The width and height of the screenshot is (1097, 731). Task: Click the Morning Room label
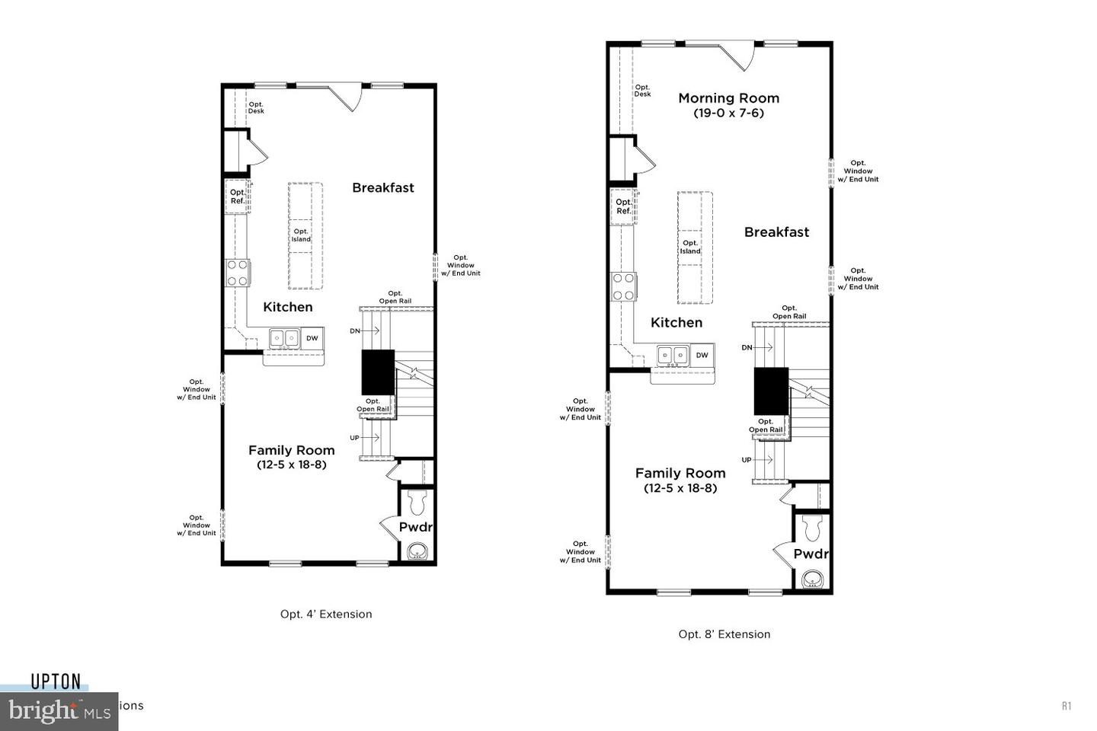(x=728, y=98)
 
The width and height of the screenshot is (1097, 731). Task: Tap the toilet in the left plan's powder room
(x=417, y=503)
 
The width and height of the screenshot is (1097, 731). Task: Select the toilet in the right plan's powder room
(x=813, y=526)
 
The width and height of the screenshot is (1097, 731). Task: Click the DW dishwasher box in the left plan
(x=312, y=338)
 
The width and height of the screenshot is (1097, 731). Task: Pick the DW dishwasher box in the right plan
(x=702, y=356)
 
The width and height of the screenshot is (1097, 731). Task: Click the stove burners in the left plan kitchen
(x=237, y=273)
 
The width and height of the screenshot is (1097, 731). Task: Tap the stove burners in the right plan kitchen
(x=624, y=287)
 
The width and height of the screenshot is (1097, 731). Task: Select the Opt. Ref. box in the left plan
(x=238, y=196)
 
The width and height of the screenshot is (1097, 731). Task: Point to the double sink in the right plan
(x=673, y=356)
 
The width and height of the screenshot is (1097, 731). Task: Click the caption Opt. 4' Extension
(x=326, y=614)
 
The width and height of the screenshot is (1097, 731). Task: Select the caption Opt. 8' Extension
(x=724, y=634)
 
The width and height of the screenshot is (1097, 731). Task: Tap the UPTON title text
(x=56, y=682)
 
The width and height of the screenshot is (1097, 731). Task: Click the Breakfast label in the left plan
(x=382, y=188)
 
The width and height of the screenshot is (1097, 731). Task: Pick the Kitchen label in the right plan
(x=676, y=323)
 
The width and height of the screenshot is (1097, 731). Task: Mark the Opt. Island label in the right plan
(x=690, y=247)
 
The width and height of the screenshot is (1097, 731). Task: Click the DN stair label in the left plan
(x=355, y=331)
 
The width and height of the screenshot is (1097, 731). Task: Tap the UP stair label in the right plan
(x=747, y=460)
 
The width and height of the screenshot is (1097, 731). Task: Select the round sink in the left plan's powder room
(x=417, y=551)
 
